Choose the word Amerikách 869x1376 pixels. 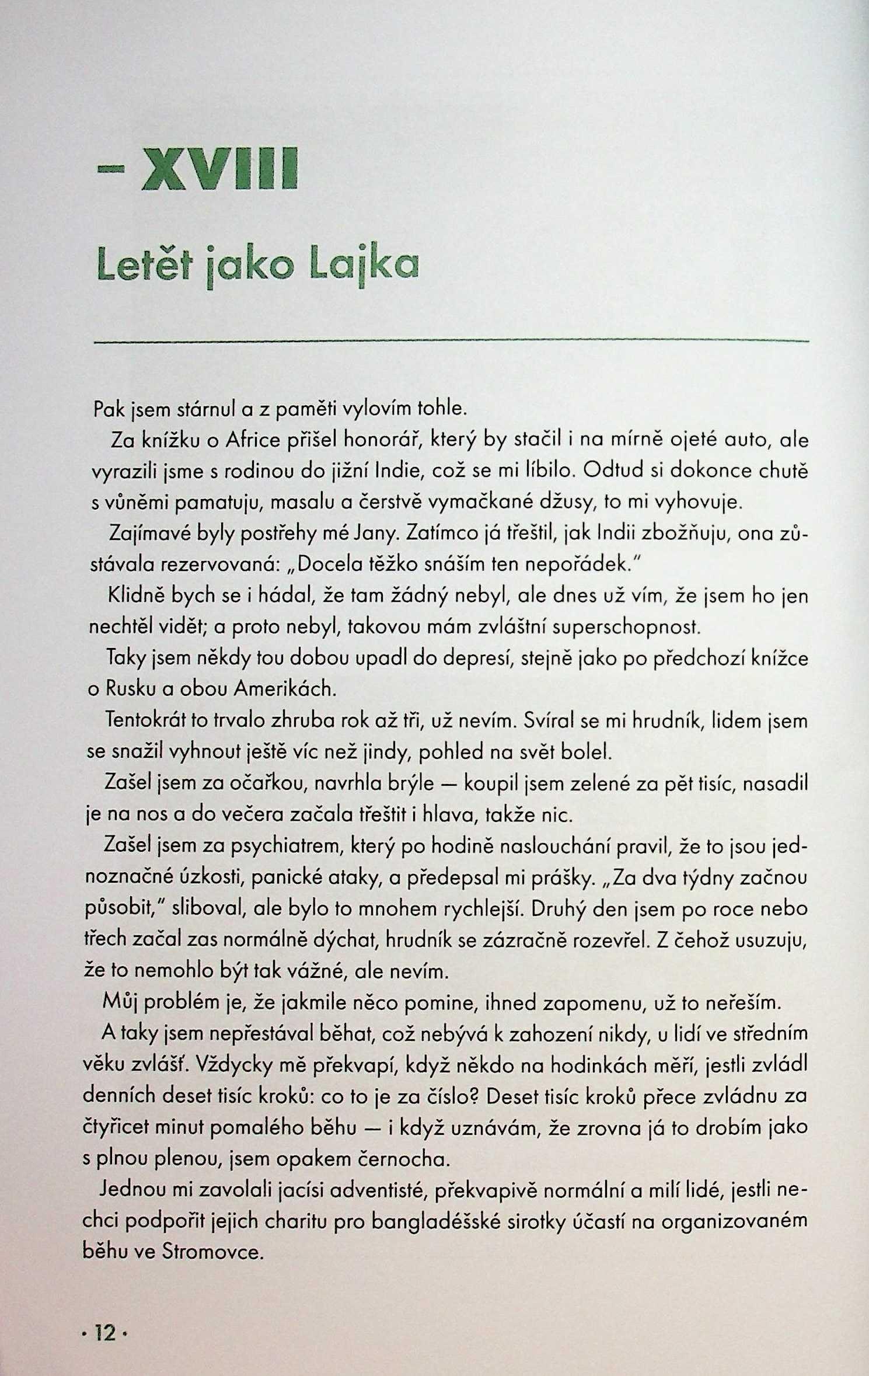(285, 690)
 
